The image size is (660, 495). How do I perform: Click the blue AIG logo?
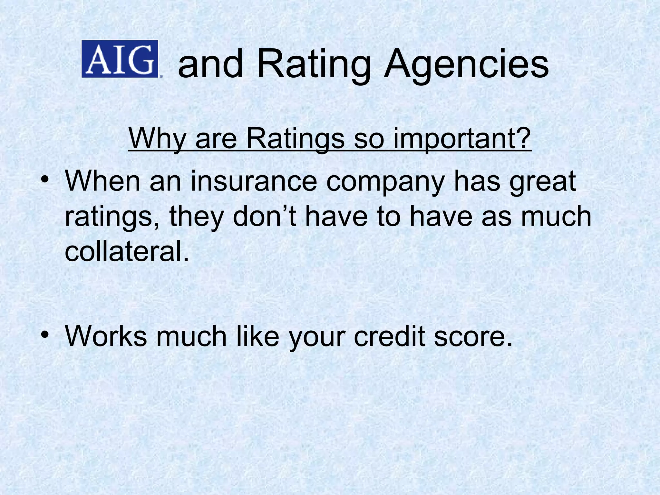pos(120,59)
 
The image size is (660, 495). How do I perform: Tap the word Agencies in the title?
pos(466,64)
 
